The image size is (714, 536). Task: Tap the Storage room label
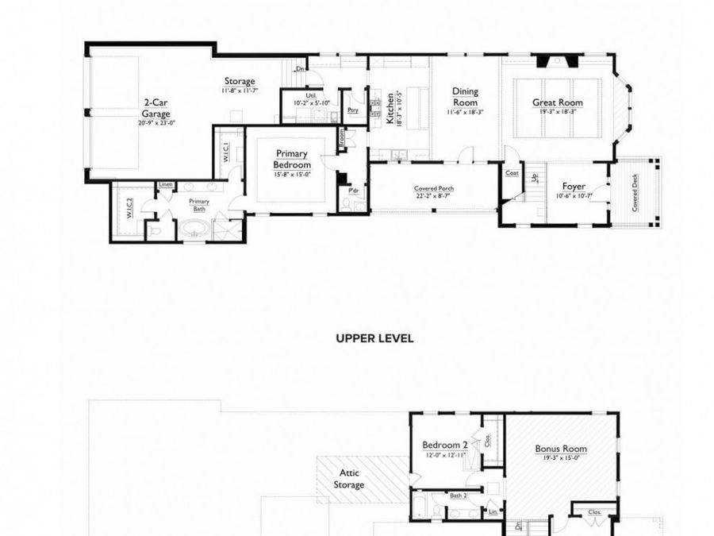[x=239, y=82]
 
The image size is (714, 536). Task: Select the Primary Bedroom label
[x=291, y=158]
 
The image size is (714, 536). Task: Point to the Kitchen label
[x=390, y=108]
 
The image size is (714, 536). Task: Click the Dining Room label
[x=465, y=97]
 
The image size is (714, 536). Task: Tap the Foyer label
[x=574, y=187]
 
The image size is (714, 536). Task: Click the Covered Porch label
[x=434, y=189]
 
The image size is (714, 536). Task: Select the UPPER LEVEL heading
[x=374, y=337]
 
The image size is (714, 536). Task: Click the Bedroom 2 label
[x=443, y=445]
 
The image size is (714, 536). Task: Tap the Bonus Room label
[x=561, y=449]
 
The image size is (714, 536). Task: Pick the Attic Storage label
[x=348, y=478]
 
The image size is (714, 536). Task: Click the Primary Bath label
[x=198, y=205]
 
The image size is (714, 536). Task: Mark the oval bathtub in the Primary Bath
[x=194, y=231]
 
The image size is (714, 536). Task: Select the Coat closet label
[x=512, y=172]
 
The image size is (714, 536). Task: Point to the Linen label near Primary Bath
[x=165, y=184]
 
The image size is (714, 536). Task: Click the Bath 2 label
[x=458, y=496]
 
